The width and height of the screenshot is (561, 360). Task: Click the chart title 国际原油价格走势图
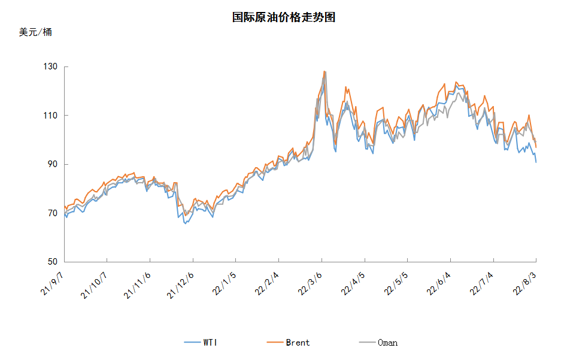284,17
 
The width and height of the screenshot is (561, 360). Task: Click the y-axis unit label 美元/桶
35,32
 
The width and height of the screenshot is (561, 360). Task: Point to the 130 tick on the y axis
50,66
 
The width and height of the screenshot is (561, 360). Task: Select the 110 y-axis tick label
50,116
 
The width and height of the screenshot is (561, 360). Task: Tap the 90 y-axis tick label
53,164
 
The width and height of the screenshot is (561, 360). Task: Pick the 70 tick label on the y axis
53,213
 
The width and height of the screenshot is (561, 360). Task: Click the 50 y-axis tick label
53,262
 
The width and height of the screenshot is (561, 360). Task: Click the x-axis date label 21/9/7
52,283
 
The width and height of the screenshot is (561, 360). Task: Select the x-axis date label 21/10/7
93,285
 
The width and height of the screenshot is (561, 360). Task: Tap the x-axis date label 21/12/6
180,285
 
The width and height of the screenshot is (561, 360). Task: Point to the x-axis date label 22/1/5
225,283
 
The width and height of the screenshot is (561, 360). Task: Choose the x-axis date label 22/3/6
310,283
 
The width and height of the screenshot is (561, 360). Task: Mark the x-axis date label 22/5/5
396,283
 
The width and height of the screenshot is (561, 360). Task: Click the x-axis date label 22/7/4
482,283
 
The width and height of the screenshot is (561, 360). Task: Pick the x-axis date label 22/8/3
525,283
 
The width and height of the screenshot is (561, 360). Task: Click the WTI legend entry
201,343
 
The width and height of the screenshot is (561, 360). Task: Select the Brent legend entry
289,343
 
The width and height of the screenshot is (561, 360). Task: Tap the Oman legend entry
378,343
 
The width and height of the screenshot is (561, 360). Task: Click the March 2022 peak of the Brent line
324,71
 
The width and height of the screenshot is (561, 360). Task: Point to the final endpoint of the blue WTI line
536,162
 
